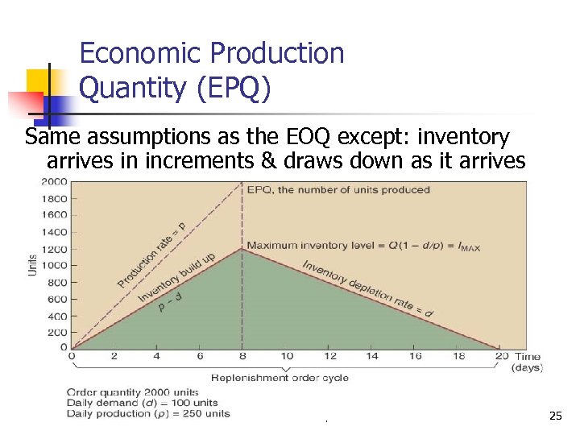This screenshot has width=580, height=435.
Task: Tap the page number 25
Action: point(555,416)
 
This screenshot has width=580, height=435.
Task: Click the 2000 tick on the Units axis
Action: point(55,181)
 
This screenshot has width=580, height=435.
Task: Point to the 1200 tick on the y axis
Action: point(55,248)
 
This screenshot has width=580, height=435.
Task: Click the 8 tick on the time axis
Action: point(242,357)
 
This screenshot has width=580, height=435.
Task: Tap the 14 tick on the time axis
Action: point(372,357)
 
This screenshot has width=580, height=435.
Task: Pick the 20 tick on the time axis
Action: point(501,357)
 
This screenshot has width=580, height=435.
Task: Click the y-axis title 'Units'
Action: point(33,263)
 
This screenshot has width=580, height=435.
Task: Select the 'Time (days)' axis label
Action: point(528,362)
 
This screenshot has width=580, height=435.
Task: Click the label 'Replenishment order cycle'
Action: point(280,378)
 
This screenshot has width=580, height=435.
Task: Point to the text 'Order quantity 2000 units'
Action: point(133,392)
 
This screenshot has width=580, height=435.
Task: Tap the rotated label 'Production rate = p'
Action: point(151,254)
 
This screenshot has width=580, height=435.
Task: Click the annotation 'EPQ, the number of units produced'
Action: point(338,190)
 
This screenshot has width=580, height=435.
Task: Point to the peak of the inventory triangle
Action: point(242,249)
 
